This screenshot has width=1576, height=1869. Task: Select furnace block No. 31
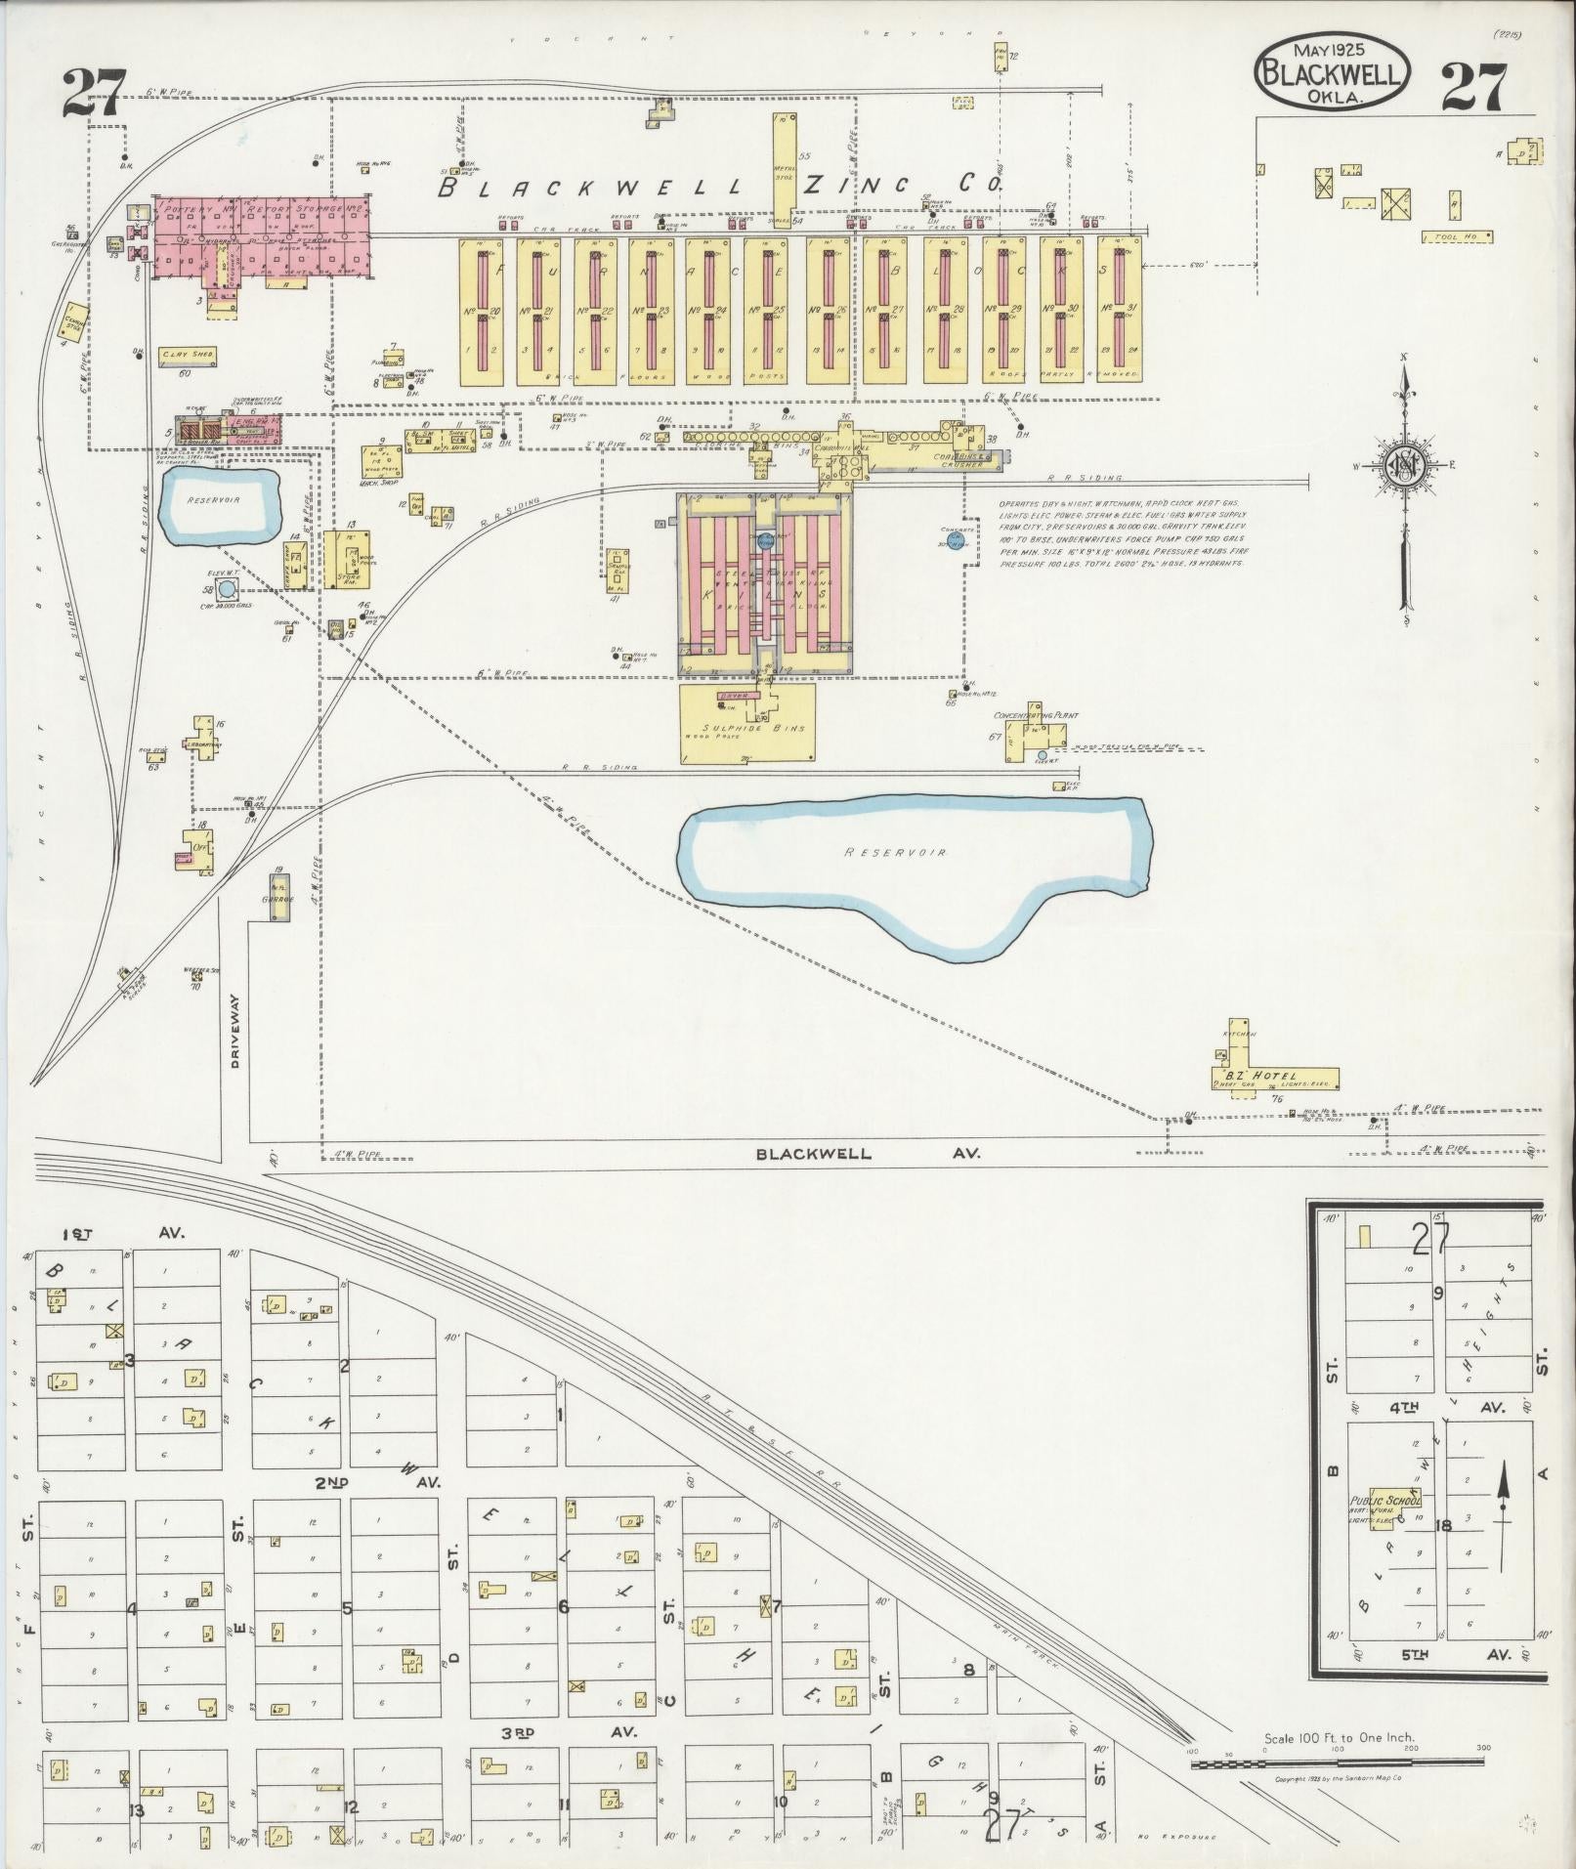[x=1119, y=311]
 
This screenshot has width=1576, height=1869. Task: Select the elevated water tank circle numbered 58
[x=227, y=589]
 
